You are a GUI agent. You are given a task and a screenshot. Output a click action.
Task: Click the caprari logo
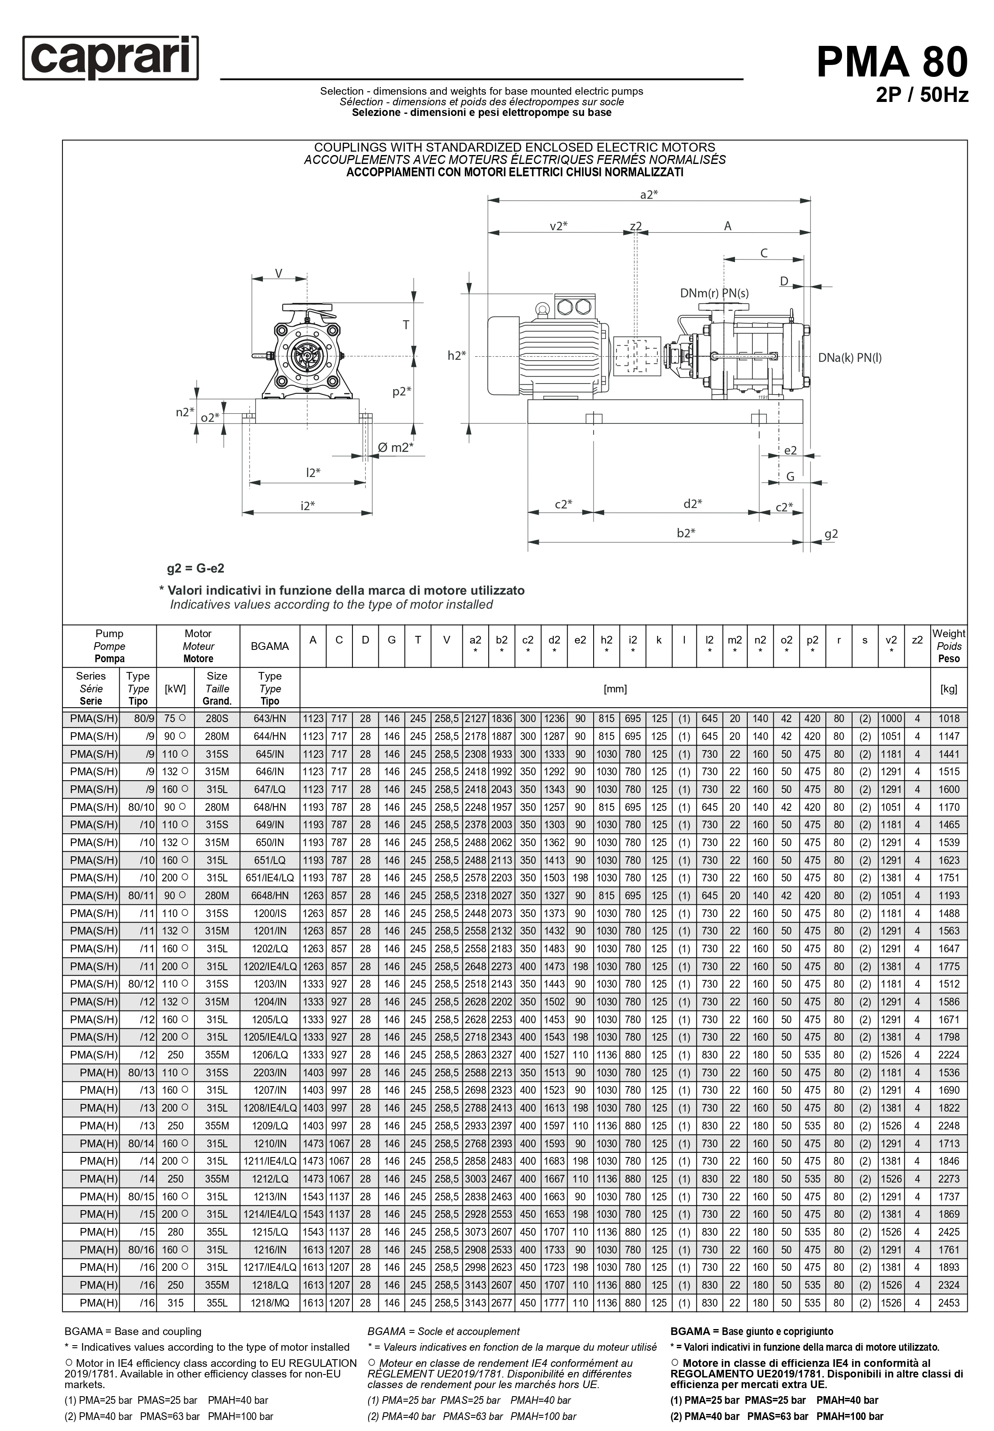click(x=110, y=58)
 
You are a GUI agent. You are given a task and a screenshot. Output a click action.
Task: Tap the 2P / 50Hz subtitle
click(x=922, y=95)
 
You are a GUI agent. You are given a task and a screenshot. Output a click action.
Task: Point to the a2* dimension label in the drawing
click(x=648, y=195)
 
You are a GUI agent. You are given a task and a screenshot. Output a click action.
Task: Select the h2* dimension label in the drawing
click(x=456, y=356)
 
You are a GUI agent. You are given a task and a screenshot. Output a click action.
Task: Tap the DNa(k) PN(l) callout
click(x=850, y=358)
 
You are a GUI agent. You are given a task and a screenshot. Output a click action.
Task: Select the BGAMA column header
click(x=270, y=646)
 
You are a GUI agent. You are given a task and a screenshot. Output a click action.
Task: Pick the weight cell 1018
click(x=949, y=718)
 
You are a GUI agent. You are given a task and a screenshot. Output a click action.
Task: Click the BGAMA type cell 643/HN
click(x=270, y=718)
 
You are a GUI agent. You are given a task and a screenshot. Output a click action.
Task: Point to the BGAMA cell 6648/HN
click(x=270, y=895)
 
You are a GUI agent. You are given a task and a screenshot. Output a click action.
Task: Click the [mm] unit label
click(x=615, y=689)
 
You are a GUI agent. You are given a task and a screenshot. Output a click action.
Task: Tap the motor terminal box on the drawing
click(x=574, y=307)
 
